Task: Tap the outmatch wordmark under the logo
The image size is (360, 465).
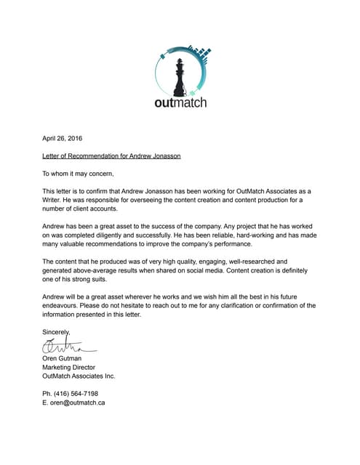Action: point(180,102)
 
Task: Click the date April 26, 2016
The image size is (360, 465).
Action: point(63,137)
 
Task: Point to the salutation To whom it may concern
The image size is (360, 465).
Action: point(78,173)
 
